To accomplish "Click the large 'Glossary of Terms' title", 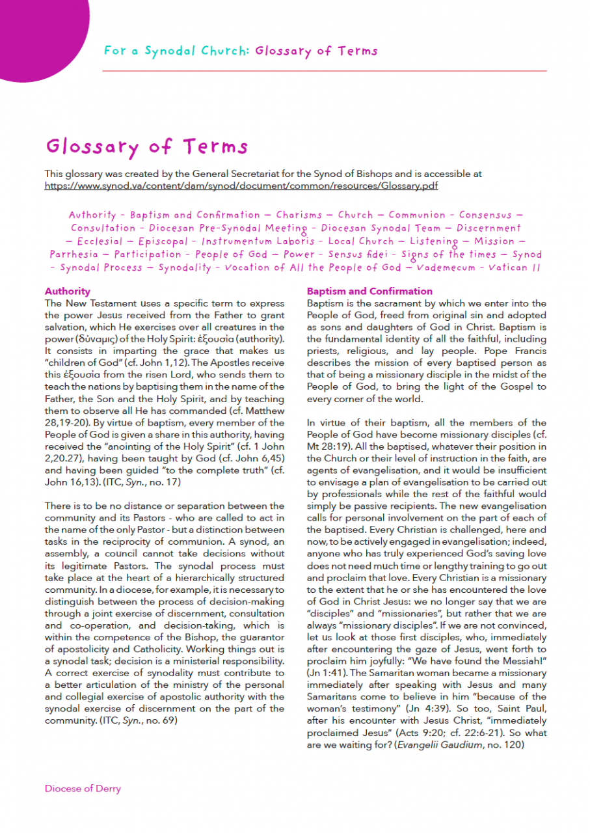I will (146, 146).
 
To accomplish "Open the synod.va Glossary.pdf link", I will (241, 185).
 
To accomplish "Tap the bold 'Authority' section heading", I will (67, 292).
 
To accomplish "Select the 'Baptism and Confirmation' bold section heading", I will (369, 292).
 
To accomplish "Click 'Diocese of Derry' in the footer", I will (83, 788).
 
